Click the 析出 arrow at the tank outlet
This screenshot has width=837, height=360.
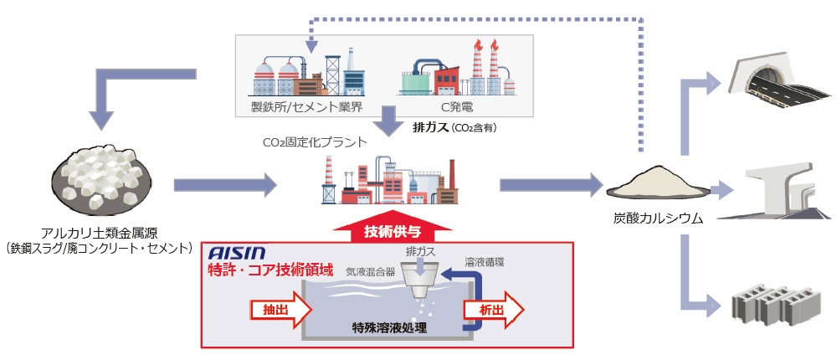(x=494, y=309)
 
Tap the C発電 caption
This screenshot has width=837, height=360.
(x=453, y=107)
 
